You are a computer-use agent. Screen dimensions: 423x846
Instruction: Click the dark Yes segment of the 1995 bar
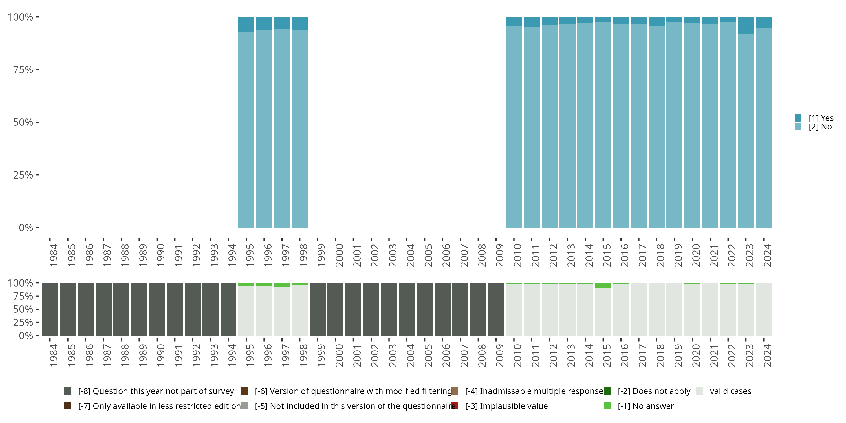(246, 24)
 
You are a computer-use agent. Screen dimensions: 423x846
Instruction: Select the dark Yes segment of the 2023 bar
(746, 25)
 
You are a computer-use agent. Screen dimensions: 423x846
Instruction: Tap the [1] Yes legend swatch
(798, 118)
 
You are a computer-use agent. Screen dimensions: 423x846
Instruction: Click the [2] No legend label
(820, 127)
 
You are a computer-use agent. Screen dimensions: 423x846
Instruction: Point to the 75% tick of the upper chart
(23, 70)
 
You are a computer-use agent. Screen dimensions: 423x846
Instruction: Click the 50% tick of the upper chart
(23, 122)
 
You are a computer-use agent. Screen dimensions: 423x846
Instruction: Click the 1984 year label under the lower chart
(54, 355)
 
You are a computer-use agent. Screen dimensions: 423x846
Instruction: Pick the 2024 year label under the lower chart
(767, 355)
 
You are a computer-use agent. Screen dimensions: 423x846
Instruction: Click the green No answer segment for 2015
(603, 286)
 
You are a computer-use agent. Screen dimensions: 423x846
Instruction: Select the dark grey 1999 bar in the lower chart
(318, 309)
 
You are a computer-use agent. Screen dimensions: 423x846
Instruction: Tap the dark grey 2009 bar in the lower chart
(496, 309)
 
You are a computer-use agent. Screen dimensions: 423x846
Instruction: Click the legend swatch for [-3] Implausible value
(455, 406)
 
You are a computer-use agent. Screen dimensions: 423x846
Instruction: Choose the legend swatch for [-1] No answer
(607, 406)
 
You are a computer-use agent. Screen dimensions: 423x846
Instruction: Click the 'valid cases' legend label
(730, 391)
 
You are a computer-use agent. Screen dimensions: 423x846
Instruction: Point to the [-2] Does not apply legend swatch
(607, 391)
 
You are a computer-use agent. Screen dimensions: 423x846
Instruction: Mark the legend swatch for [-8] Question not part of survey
(67, 391)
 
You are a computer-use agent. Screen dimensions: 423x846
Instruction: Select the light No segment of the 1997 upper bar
(282, 128)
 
